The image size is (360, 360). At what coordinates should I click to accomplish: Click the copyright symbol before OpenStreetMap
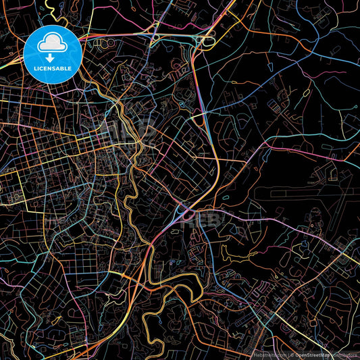tap(292, 354)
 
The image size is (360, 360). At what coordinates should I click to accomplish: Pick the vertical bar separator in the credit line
tap(288, 354)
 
